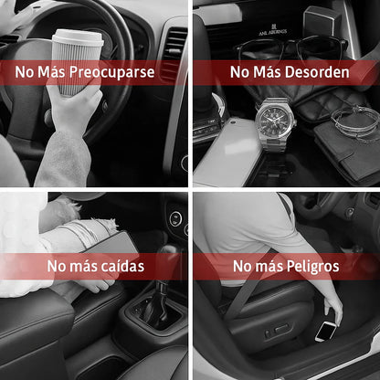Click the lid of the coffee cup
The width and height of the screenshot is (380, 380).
point(78,38)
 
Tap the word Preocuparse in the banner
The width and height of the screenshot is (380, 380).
point(112,72)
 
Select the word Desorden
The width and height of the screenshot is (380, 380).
point(318,72)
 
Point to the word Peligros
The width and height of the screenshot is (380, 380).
point(313,267)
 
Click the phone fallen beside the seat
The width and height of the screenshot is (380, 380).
point(326,331)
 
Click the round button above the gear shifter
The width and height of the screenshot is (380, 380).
point(175,219)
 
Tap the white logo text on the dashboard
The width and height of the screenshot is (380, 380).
point(272,31)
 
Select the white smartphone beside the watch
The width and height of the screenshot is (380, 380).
point(227,152)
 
